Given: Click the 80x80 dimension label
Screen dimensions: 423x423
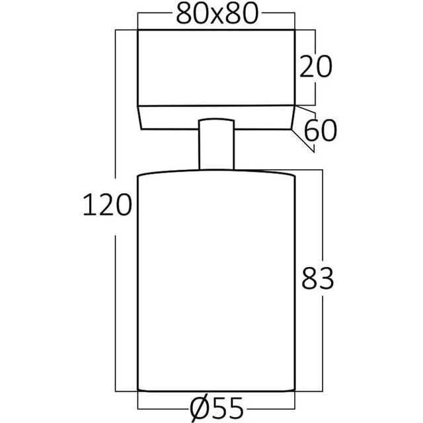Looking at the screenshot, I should point(215,15).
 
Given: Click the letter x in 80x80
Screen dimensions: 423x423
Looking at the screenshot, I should point(215,16).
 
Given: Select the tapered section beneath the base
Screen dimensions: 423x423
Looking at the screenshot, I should point(215,118).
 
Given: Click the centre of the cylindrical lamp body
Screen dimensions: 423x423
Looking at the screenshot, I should point(215,281).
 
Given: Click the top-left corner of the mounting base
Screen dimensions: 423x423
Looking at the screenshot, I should point(137,29).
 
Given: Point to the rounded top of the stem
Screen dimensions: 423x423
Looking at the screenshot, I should point(215,120).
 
